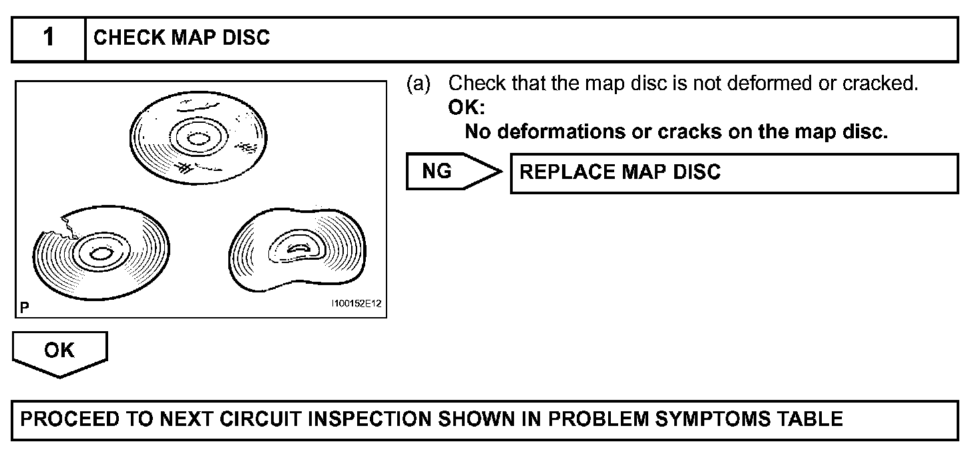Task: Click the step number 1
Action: pos(49,38)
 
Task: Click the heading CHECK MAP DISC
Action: pos(182,38)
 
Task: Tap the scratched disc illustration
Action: pos(198,137)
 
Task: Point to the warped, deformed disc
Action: pos(297,250)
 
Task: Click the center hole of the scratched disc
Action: pos(198,139)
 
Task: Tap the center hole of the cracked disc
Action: pos(100,254)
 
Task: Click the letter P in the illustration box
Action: pos(25,307)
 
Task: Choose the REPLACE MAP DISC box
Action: pos(733,172)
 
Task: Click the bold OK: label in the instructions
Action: pos(467,107)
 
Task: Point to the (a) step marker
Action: pos(418,84)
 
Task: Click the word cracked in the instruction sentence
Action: pos(879,84)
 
